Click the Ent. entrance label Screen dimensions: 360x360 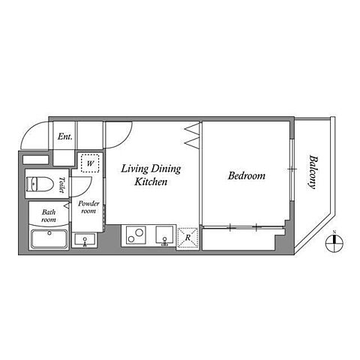pyautogui.click(x=65, y=136)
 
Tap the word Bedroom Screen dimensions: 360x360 pyautogui.click(x=247, y=175)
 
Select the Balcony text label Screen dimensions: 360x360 pyautogui.click(x=313, y=172)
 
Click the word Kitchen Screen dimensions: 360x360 pyautogui.click(x=151, y=181)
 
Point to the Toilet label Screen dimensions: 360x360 pyautogui.click(x=61, y=184)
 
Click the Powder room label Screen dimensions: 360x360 pyautogui.click(x=88, y=207)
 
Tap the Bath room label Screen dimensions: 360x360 pyautogui.click(x=49, y=216)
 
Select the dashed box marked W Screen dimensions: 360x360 pyautogui.click(x=90, y=163)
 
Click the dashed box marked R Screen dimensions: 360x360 pyautogui.click(x=187, y=238)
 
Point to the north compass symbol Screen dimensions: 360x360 pyautogui.click(x=334, y=243)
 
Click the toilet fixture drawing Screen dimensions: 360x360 pyautogui.click(x=40, y=184)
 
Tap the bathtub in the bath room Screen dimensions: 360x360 pyautogui.click(x=49, y=239)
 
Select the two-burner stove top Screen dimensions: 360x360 pyautogui.click(x=136, y=235)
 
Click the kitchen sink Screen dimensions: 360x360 pyautogui.click(x=164, y=235)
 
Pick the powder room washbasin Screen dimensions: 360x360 pyautogui.click(x=85, y=239)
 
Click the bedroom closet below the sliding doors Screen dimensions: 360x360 pyautogui.click(x=238, y=239)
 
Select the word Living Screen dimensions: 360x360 pyautogui.click(x=134, y=169)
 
